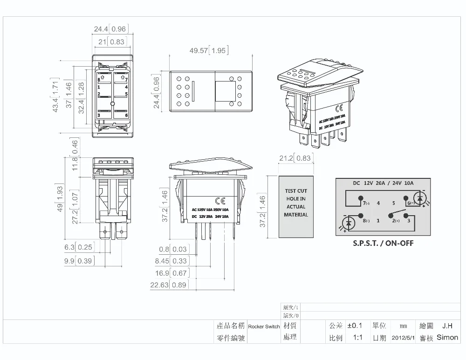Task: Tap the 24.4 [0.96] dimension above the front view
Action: (110, 29)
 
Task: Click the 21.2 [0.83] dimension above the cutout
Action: (295, 159)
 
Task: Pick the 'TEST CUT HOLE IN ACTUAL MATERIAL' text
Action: (296, 203)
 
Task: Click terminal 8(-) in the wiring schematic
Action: (365, 221)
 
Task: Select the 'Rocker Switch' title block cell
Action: (264, 326)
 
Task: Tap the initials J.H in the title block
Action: (447, 326)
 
